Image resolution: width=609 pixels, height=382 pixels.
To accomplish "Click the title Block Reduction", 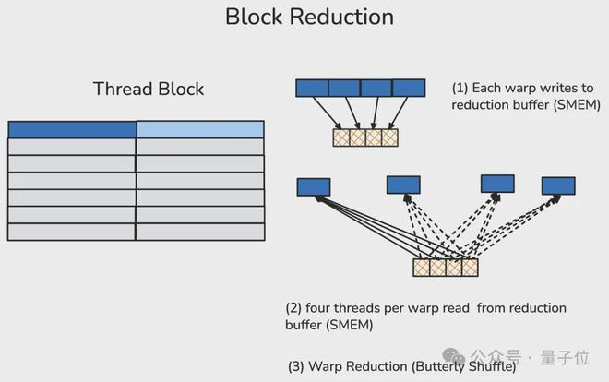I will coord(309,17).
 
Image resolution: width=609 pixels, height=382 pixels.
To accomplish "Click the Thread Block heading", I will coord(149,90).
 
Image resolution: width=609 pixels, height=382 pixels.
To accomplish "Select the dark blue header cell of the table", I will coord(72,129).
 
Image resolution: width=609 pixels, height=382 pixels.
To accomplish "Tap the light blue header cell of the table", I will coord(200,129).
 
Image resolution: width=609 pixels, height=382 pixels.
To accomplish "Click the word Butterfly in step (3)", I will coord(442,365).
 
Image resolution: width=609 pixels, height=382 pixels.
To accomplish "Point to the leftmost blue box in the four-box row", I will coord(312,88).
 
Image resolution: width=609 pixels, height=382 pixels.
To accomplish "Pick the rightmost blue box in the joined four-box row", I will coord(409,88).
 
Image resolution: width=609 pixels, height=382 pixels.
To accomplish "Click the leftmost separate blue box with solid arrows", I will coord(314,187).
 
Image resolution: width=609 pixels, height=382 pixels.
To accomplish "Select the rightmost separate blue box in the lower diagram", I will coord(558,185).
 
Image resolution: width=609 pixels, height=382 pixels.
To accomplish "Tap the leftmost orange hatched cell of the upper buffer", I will coord(341,137).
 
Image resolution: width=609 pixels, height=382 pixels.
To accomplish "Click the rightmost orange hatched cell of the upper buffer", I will coord(389,137).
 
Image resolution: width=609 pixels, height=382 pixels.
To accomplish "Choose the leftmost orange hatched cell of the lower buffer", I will coord(422,268).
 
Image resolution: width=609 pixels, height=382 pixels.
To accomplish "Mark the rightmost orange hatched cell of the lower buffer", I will coord(470,268).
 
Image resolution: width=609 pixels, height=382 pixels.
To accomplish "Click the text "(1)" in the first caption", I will coord(460,89).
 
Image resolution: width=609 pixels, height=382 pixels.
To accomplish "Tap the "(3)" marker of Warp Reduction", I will coord(296,365).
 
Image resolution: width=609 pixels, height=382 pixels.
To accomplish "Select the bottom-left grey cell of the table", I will coord(72,233).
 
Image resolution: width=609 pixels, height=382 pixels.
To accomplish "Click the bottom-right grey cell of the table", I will coord(200,233).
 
